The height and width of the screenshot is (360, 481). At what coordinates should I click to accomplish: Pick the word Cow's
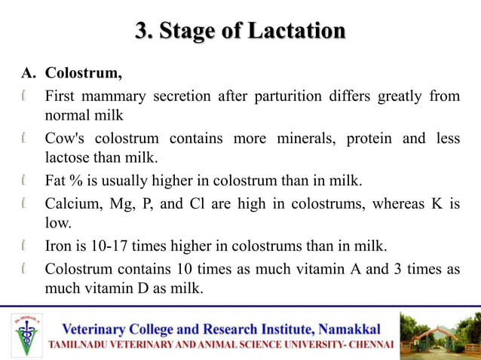(x=66, y=139)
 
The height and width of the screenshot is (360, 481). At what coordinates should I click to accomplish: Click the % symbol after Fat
(x=78, y=182)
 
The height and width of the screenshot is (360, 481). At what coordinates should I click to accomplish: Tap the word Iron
(x=60, y=246)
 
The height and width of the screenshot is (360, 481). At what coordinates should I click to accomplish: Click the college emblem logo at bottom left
(x=28, y=334)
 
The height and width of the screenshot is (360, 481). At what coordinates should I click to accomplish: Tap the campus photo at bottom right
(x=438, y=333)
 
